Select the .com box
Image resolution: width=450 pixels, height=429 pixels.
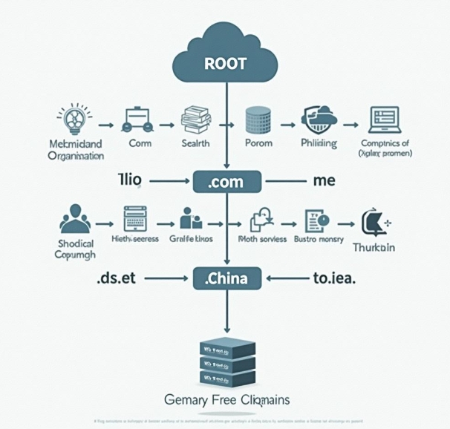[x=226, y=181]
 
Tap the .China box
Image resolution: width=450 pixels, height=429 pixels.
[x=226, y=279]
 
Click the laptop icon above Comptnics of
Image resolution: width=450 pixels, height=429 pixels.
[x=384, y=119]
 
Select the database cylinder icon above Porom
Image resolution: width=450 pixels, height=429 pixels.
[x=258, y=119]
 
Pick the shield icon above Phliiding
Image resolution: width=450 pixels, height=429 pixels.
[x=318, y=119]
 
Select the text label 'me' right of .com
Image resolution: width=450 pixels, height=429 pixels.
[x=325, y=180]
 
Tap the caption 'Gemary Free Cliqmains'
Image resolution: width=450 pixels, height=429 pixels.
[x=226, y=400]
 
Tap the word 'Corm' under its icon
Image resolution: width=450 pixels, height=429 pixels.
[x=140, y=143]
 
